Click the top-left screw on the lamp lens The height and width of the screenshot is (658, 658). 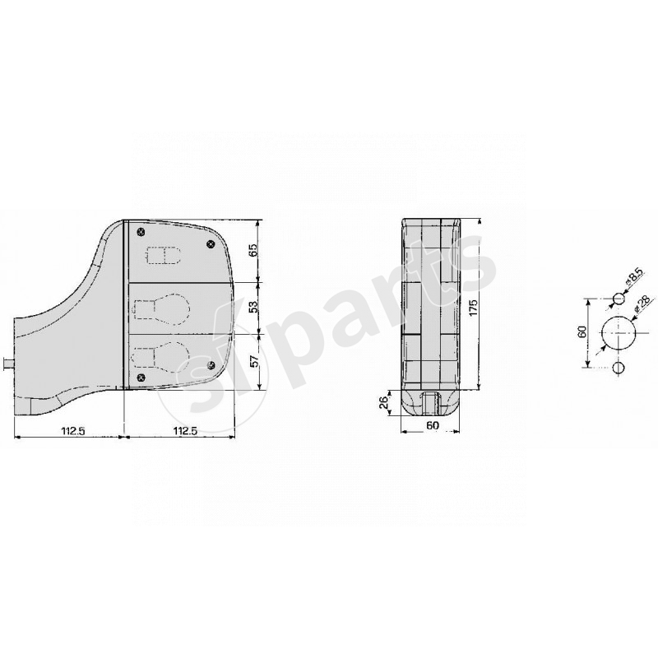tap(141, 229)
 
